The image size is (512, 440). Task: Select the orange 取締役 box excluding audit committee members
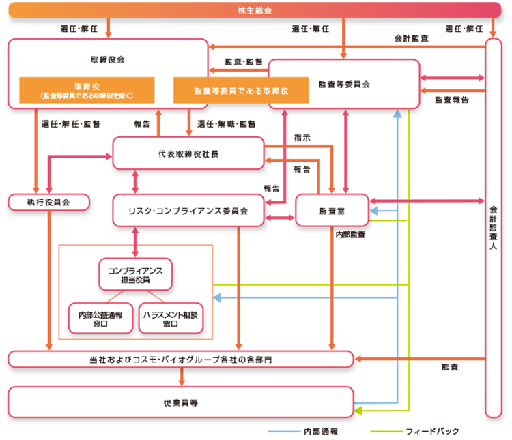coord(86,90)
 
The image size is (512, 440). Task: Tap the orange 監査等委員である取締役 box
coord(240,90)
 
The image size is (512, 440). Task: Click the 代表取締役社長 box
coord(188,153)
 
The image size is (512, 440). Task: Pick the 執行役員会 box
coord(48,202)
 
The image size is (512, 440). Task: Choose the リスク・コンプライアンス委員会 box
coord(188,210)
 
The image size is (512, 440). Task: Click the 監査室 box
coord(332,210)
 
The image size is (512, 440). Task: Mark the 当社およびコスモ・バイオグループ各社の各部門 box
coord(180,359)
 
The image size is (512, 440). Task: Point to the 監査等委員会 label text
coord(343,85)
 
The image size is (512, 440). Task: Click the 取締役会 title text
coord(107,59)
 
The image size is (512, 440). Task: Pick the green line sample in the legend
coord(386,432)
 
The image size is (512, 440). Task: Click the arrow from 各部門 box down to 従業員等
coord(181,377)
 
